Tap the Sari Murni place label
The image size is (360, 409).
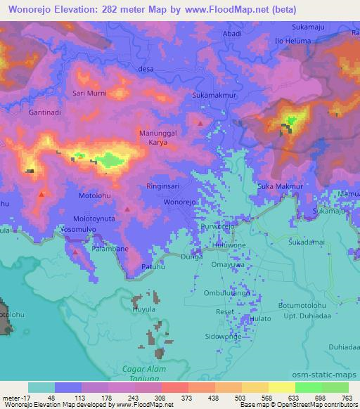[x=89, y=93]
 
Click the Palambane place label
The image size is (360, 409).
[x=110, y=249]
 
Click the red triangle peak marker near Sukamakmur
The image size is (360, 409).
[x=201, y=123]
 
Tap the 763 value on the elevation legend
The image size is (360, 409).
[x=346, y=397]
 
